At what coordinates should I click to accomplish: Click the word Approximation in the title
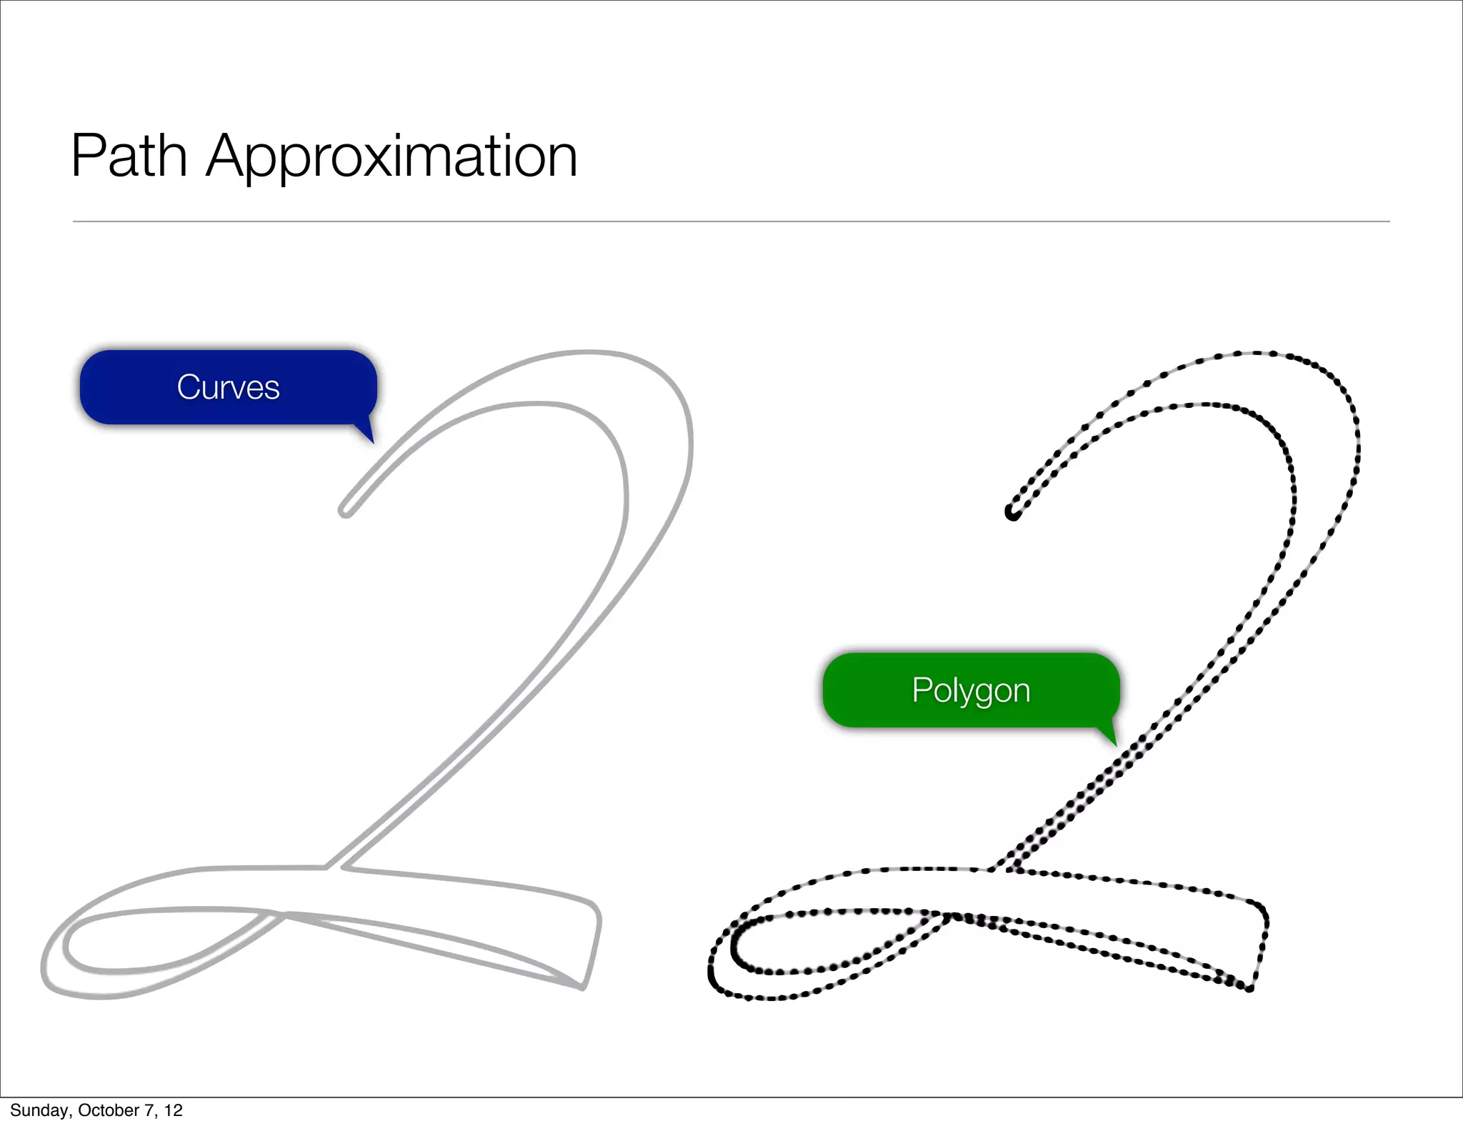click(391, 157)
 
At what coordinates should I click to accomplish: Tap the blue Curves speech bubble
click(228, 387)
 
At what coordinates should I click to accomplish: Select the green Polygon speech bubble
click(971, 690)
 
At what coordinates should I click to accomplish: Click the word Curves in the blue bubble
click(228, 387)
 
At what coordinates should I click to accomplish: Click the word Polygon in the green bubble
click(971, 691)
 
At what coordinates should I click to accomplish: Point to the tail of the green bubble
click(1108, 735)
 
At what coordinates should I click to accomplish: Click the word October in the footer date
click(109, 1110)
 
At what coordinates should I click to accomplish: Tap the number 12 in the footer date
click(173, 1110)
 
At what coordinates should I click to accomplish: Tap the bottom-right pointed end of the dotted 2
click(1249, 988)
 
